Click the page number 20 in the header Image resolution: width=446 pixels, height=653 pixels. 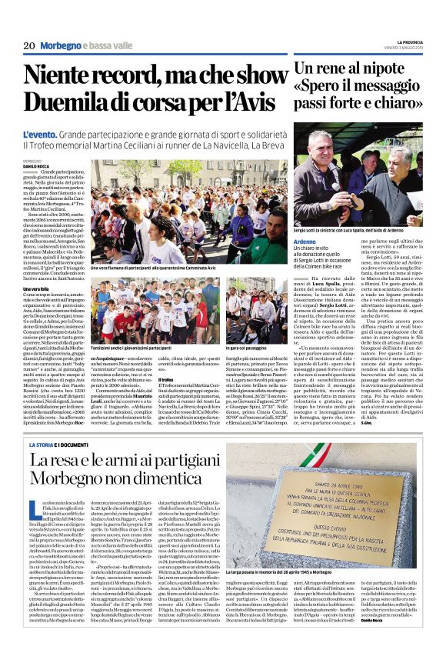pyautogui.click(x=29, y=45)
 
